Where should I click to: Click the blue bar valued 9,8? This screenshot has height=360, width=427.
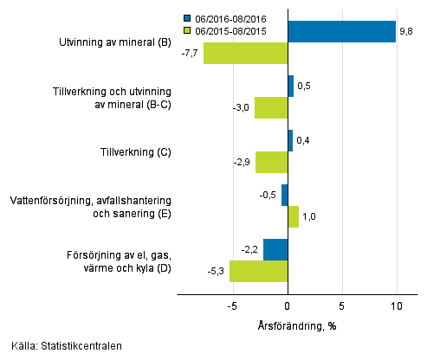[x=341, y=32]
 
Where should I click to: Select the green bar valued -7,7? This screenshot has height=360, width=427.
[x=245, y=54]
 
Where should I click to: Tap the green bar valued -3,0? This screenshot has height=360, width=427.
[x=271, y=108]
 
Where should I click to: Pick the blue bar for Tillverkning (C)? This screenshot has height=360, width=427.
[x=290, y=141]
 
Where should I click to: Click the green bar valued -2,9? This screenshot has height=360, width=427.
[x=271, y=163]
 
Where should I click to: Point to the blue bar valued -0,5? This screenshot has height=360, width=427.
[x=284, y=195]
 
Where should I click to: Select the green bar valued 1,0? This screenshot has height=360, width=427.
[x=293, y=216]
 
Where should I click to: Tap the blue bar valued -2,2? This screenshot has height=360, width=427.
[x=275, y=249]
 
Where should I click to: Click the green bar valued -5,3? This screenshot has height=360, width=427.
[x=258, y=271]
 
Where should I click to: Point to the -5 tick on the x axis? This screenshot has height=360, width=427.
[x=232, y=306]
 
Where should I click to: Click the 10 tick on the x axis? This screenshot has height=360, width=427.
[x=397, y=306]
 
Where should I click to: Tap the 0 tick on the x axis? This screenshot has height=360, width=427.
[x=288, y=306]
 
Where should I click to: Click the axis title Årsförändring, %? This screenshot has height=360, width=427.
[x=298, y=325]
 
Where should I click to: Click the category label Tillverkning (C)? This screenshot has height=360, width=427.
[x=134, y=152]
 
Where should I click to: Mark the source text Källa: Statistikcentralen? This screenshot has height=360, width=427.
[x=66, y=347]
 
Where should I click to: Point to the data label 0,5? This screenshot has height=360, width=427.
[x=304, y=87]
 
